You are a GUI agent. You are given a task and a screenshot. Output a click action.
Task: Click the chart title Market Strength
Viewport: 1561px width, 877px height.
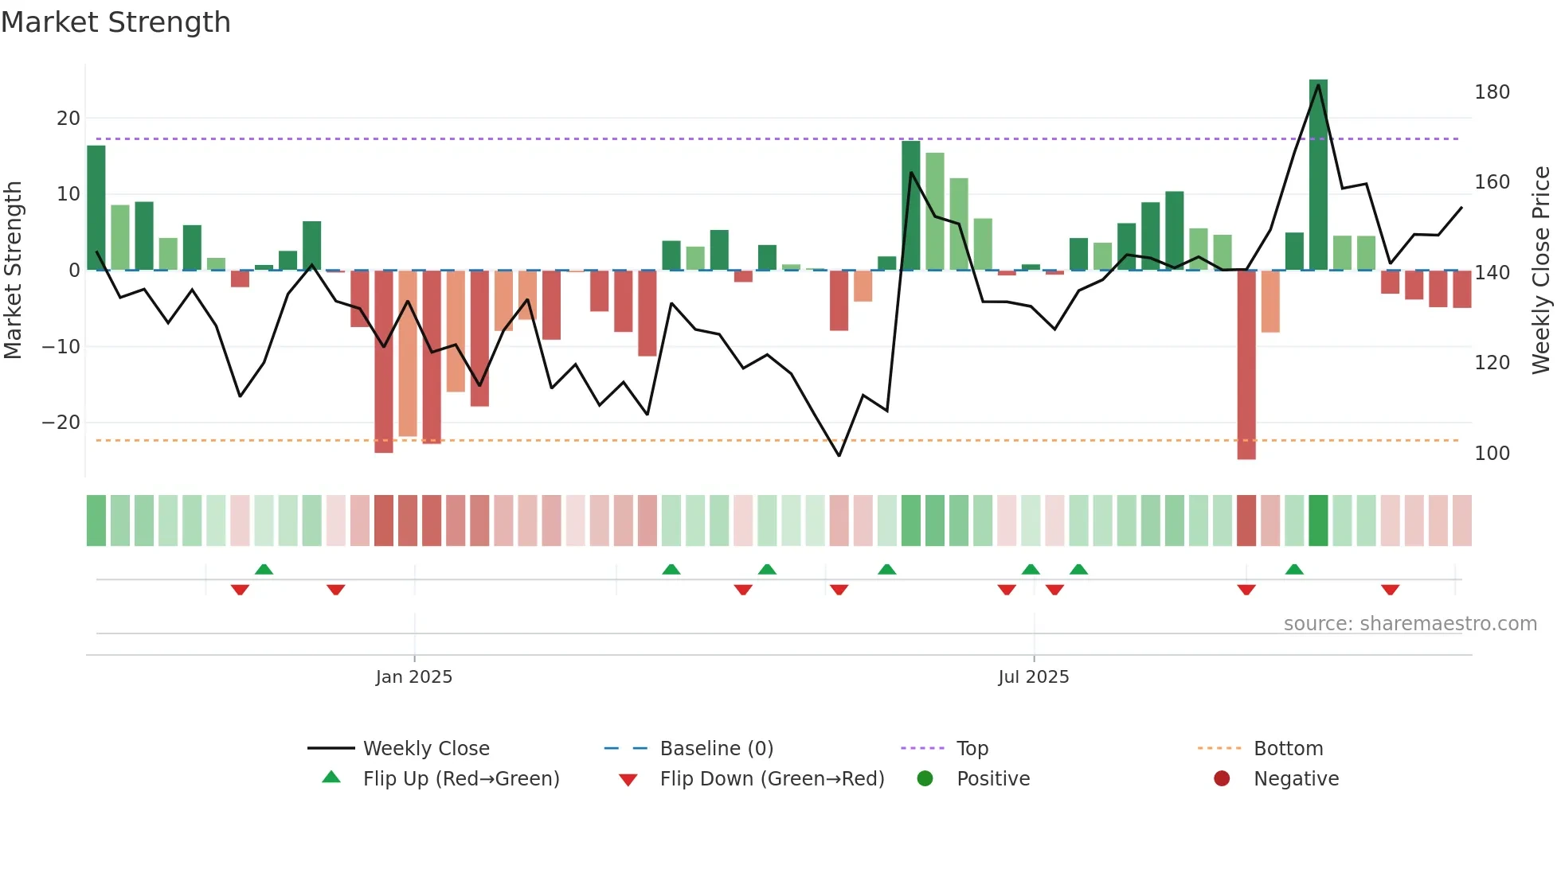[115, 22]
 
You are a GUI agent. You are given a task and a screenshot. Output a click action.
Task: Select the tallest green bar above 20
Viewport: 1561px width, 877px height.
[1318, 175]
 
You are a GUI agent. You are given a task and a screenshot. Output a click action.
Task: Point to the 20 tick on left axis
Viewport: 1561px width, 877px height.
[68, 119]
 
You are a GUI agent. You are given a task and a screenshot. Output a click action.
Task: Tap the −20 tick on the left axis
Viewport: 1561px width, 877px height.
[62, 423]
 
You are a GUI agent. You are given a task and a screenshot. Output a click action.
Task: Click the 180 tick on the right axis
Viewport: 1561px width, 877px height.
[1492, 92]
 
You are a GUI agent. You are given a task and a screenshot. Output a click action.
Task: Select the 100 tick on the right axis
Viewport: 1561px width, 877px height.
[1492, 454]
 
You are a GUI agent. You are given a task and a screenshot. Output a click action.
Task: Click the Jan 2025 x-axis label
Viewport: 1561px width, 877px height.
[414, 677]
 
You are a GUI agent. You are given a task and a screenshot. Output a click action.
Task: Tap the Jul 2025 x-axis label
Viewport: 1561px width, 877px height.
[1034, 677]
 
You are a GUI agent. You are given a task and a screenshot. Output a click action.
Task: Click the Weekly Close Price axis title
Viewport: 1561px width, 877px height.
[1541, 271]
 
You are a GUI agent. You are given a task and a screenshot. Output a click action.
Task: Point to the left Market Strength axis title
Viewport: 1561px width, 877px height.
[13, 271]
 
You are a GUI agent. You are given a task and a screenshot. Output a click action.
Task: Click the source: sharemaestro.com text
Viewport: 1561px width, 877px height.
[1410, 624]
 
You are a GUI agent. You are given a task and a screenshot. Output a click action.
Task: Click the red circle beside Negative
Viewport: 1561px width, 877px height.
[1222, 779]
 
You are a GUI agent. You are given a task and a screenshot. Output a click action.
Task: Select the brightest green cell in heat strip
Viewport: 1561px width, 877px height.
[1318, 520]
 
